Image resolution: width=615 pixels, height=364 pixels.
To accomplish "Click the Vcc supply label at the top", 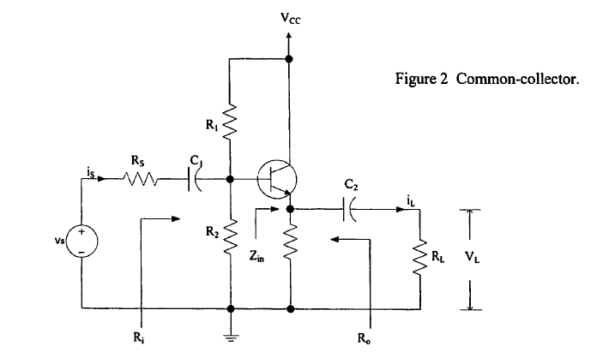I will point(290,17).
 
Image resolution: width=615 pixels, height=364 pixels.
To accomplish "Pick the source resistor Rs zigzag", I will point(141,180).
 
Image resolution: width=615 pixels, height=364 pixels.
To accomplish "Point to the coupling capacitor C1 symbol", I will point(196,180).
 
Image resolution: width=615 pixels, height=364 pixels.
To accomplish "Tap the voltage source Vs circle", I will point(82,241).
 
